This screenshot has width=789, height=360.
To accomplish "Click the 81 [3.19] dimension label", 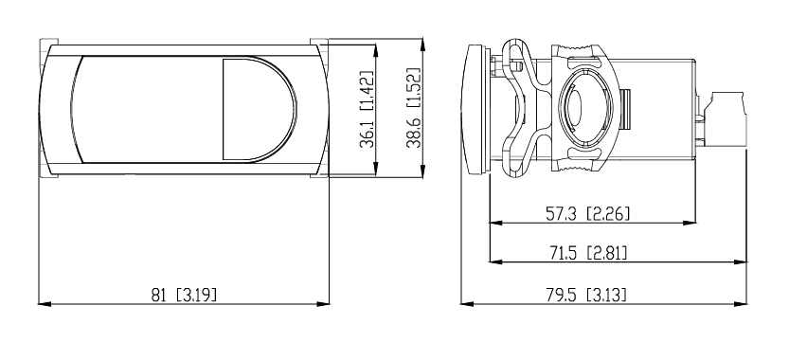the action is coord(184,295).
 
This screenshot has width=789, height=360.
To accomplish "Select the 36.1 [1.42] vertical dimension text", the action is coord(367,109).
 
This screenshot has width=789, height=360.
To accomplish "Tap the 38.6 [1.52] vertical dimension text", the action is coord(414,108).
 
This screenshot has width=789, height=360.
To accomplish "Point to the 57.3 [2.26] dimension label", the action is coord(587,214).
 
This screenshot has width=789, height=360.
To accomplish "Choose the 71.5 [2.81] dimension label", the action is coord(587,253).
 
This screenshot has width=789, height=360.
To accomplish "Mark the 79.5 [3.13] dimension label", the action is coord(586,295).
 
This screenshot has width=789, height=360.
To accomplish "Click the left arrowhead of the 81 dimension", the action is coord(45,303).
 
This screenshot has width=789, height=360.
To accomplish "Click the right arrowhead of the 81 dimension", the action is coord(323,303).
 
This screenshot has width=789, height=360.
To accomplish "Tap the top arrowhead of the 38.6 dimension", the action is coord(422,45).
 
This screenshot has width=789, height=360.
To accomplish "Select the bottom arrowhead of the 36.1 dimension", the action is coord(375,171).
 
